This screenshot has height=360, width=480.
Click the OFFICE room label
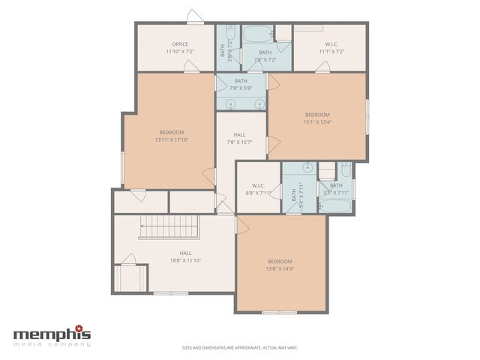point(180,44)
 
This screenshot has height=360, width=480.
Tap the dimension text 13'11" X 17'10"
point(171,139)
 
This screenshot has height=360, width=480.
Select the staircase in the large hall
point(169,226)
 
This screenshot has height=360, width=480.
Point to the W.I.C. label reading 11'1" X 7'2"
point(330,52)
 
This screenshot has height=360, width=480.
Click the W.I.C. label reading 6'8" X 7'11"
point(258,193)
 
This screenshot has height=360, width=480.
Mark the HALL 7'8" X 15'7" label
point(239,139)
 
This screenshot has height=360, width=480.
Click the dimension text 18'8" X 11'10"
point(185,260)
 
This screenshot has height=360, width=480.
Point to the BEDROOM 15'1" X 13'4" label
point(316,118)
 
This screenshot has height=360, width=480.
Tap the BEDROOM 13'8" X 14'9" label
point(280,265)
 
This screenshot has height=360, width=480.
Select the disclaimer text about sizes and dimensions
point(239,347)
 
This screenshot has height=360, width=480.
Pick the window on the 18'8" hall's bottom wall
point(165,292)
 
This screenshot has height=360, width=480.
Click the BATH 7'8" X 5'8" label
point(241,85)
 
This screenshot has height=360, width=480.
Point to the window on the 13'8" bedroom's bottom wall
point(280,312)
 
